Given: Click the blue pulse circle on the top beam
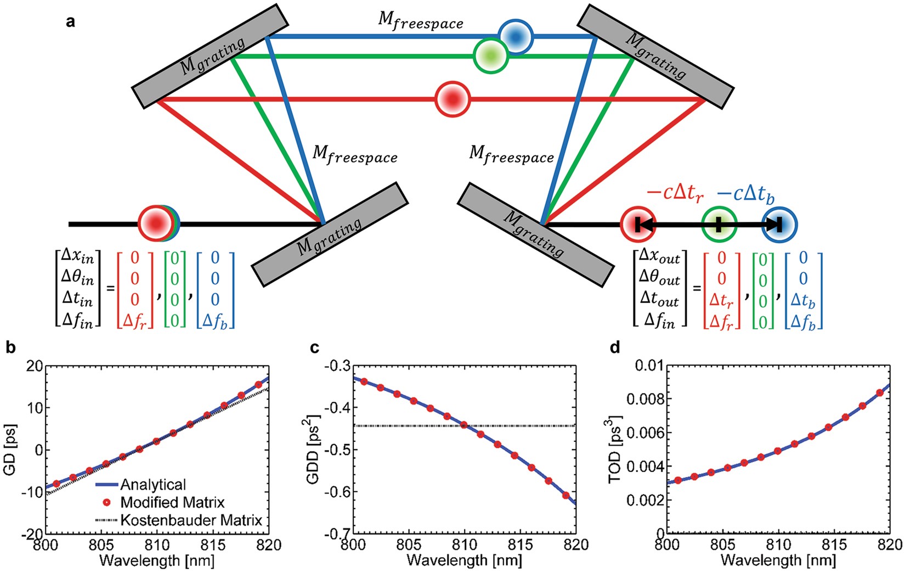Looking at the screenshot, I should [515, 37].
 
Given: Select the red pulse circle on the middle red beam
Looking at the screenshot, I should [452, 99].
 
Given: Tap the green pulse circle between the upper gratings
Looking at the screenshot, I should [491, 55].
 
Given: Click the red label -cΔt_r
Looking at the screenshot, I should [675, 194].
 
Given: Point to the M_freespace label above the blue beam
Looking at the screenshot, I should [421, 20].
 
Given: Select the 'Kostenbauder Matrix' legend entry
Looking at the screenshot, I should [191, 520].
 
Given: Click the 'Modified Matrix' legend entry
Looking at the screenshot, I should [172, 502].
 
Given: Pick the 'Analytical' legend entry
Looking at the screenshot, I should [153, 485].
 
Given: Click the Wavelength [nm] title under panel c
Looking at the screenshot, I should [464, 560].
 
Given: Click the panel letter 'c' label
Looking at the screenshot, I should [314, 347].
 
